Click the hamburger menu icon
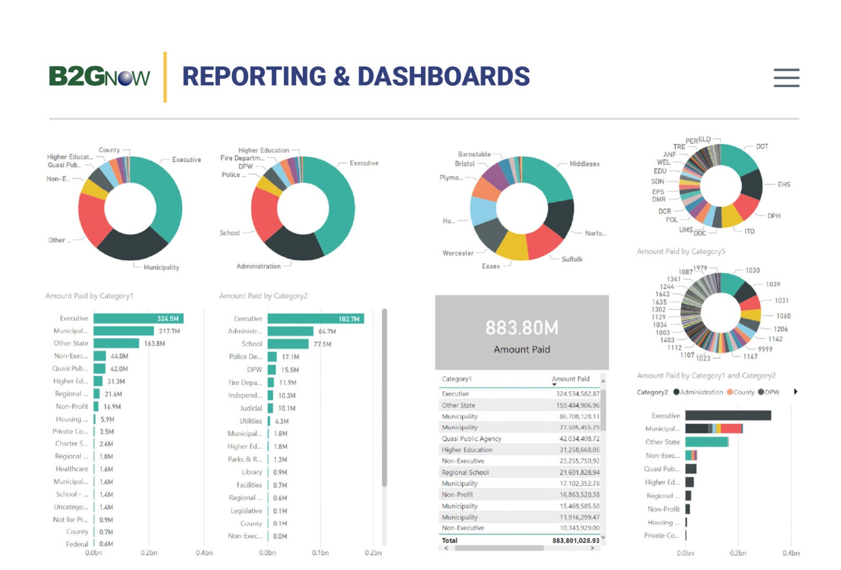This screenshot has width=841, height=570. pyautogui.click(x=786, y=78)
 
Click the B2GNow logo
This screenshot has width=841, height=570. pyautogui.click(x=99, y=77)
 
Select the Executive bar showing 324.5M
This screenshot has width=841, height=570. pyautogui.click(x=138, y=318)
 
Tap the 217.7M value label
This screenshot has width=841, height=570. pyautogui.click(x=169, y=331)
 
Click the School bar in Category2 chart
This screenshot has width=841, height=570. pyautogui.click(x=288, y=344)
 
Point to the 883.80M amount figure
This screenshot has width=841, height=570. pyautogui.click(x=522, y=328)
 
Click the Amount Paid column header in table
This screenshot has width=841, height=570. pyautogui.click(x=570, y=379)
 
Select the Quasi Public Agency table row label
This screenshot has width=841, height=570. pyautogui.click(x=472, y=439)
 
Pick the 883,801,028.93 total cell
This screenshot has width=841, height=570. pyautogui.click(x=576, y=540)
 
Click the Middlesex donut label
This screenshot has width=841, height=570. pyautogui.click(x=585, y=164)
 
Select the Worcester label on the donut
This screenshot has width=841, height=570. pyautogui.click(x=458, y=253)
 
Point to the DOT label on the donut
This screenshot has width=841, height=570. pyautogui.click(x=762, y=146)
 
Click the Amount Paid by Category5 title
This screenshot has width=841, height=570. pyautogui.click(x=681, y=252)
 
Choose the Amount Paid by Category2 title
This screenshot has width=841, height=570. pyautogui.click(x=263, y=296)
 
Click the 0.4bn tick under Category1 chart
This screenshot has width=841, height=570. pyautogui.click(x=204, y=553)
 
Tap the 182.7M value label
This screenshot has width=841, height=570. pyautogui.click(x=349, y=319)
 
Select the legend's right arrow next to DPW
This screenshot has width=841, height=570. pyautogui.click(x=796, y=392)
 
